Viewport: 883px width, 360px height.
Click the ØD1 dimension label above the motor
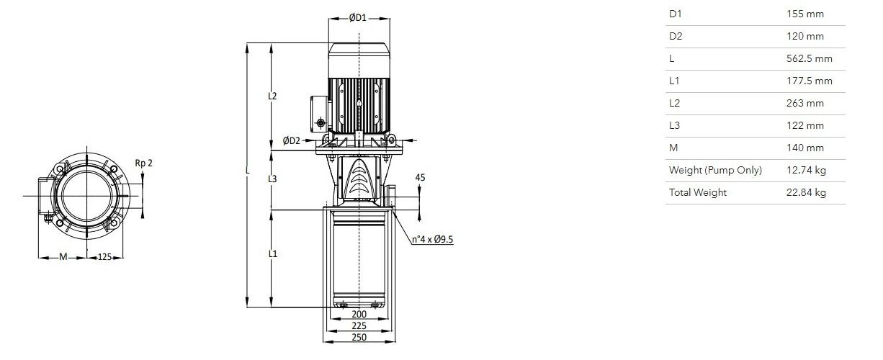point(358,18)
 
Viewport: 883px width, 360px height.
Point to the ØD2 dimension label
point(291,140)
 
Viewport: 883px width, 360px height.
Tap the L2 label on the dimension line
point(272,96)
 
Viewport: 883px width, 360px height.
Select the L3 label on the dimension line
point(272,179)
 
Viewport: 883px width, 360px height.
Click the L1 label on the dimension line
point(273,253)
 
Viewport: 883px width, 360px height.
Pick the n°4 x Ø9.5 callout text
point(432,240)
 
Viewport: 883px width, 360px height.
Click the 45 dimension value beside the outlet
point(420,178)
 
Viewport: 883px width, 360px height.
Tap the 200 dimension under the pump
point(359,315)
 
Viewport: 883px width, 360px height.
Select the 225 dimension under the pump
point(359,325)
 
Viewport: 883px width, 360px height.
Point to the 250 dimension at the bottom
point(359,337)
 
